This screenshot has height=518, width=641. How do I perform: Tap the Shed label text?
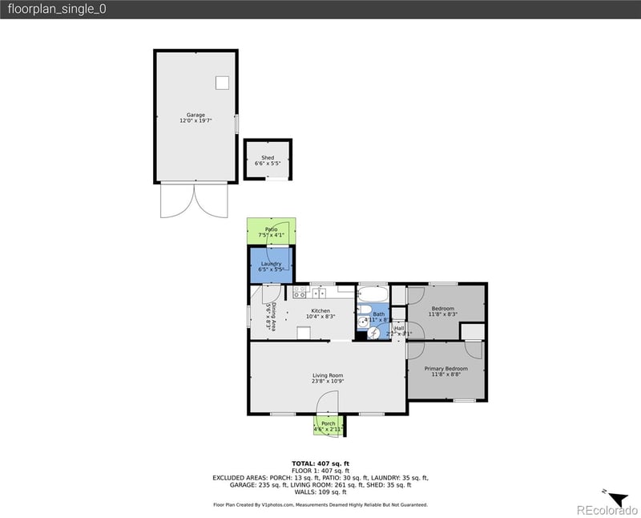click(268, 159)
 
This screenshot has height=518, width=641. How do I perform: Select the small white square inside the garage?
click(222, 82)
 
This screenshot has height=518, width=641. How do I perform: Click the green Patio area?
click(271, 231)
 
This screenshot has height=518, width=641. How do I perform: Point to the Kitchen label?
click(320, 311)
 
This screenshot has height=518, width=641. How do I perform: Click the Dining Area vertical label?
click(273, 317)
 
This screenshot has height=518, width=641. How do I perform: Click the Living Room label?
click(328, 375)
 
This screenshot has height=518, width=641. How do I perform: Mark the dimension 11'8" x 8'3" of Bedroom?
click(443, 314)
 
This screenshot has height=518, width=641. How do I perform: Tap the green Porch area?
click(328, 425)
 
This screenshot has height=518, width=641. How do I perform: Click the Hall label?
click(399, 328)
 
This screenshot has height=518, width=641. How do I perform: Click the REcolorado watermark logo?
click(605, 509)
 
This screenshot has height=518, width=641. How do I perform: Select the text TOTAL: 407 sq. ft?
click(320, 463)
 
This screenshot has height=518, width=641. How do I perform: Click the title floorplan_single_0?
click(55, 9)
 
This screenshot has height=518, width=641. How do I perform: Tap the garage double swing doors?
click(193, 200)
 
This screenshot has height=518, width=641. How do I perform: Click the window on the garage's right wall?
click(236, 125)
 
